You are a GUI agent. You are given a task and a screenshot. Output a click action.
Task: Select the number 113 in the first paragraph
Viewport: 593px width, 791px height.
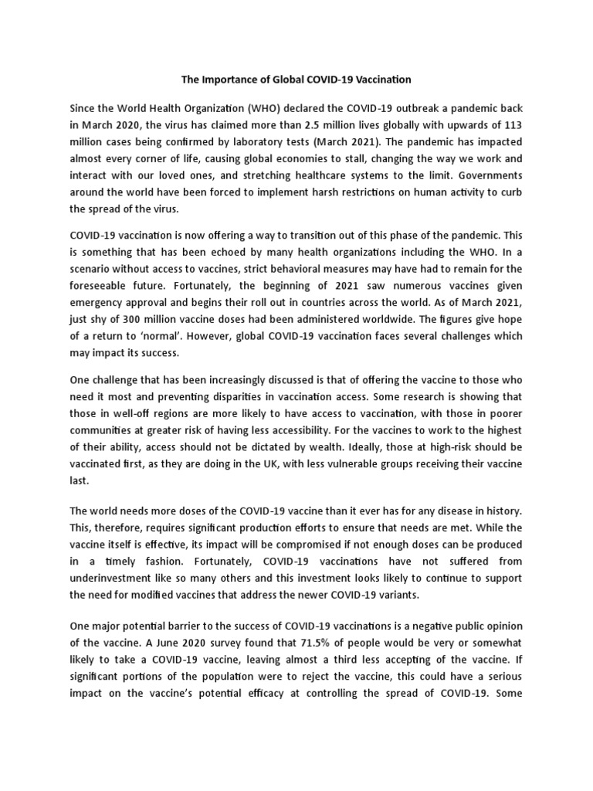click(x=510, y=125)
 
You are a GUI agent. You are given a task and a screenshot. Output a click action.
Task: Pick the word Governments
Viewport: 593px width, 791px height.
click(x=486, y=176)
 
